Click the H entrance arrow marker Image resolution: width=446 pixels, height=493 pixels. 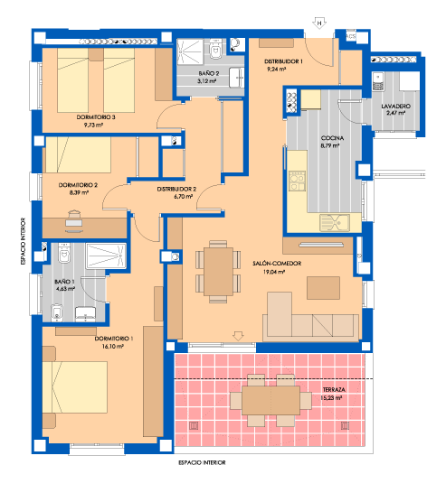(x=319, y=23)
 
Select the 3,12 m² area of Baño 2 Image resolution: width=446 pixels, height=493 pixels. (x=206, y=81)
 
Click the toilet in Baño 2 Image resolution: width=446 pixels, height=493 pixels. (x=215, y=50)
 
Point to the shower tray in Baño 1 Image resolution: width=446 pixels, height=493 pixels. (x=106, y=256)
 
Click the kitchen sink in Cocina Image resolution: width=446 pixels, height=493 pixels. (x=335, y=222)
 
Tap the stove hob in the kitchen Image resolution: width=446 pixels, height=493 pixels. (x=297, y=181)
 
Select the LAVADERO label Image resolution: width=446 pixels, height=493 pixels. (x=395, y=107)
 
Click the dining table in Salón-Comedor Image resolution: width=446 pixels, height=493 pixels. (x=218, y=272)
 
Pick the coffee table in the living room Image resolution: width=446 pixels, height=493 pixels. (x=323, y=288)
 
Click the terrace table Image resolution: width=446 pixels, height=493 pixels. (x=270, y=400)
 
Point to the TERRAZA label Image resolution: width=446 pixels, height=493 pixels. (x=334, y=389)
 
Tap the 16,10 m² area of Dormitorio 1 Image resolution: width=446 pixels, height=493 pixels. (x=113, y=347)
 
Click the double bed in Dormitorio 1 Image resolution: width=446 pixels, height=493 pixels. (x=75, y=387)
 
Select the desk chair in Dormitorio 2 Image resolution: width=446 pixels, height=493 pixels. (x=74, y=214)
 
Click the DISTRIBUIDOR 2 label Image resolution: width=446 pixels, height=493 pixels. (x=176, y=189)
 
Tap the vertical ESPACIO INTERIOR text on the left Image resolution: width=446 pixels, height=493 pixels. (x=23, y=241)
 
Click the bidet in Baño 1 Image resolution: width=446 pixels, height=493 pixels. (x=57, y=312)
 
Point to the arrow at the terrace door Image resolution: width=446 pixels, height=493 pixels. (x=238, y=336)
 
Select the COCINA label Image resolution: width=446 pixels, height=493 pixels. (x=332, y=138)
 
